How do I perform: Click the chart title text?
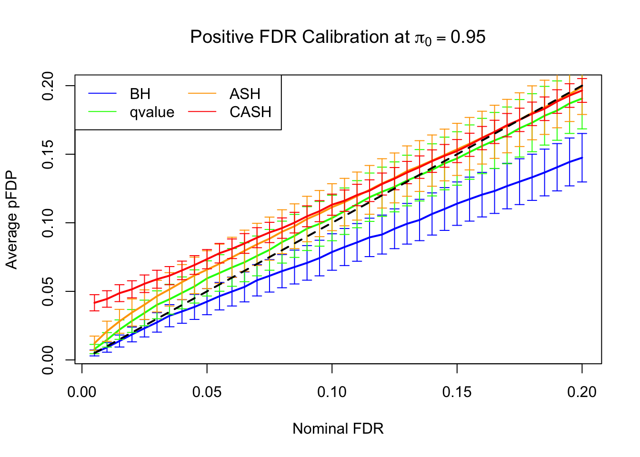pos(338,37)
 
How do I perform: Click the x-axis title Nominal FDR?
pos(338,429)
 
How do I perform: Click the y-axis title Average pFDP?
pos(11,220)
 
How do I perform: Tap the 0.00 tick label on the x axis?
pos(82,392)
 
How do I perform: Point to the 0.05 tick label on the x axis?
pos(207,392)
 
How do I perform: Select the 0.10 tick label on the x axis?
pos(332,392)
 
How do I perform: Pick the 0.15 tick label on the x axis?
pos(457,392)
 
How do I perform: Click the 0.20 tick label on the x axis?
pos(582,392)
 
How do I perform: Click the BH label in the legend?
pos(140,94)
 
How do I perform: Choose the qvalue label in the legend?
pos(152,112)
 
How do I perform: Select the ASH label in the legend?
pos(245,94)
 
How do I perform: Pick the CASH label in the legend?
pos(250,112)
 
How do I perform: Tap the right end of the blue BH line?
pos(582,158)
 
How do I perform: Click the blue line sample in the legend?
pos(102,94)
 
